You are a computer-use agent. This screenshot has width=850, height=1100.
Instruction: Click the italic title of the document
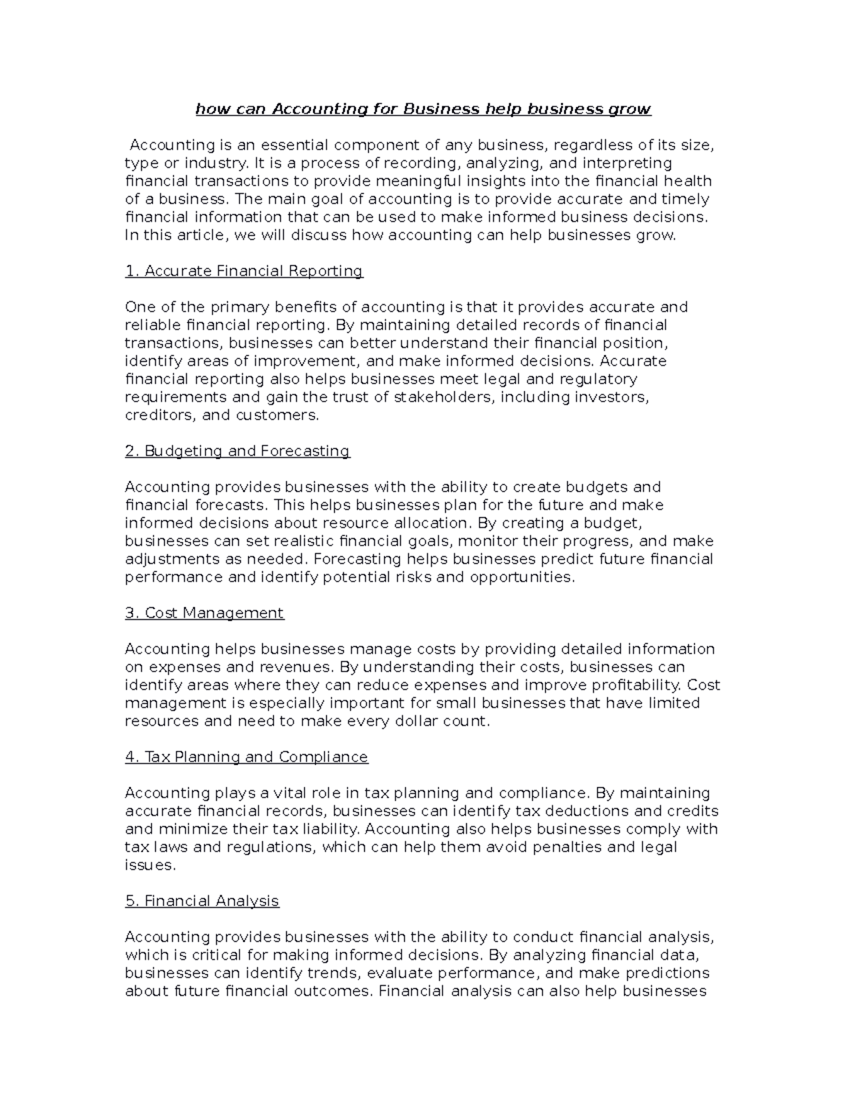click(423, 109)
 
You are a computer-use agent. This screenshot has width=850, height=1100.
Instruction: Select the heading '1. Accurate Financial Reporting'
click(244, 271)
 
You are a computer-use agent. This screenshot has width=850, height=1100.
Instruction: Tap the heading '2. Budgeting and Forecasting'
click(237, 450)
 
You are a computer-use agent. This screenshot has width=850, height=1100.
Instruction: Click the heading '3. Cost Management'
click(204, 613)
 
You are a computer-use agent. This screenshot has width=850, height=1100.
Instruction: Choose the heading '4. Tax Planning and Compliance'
click(246, 756)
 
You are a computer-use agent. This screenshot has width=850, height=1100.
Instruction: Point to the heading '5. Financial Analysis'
click(202, 901)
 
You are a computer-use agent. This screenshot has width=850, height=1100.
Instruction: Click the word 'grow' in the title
click(630, 109)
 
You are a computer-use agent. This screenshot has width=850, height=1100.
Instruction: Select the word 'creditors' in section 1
click(160, 415)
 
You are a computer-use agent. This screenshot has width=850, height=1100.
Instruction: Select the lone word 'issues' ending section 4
click(149, 865)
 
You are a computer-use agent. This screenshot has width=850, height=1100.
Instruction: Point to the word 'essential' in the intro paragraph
click(294, 145)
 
